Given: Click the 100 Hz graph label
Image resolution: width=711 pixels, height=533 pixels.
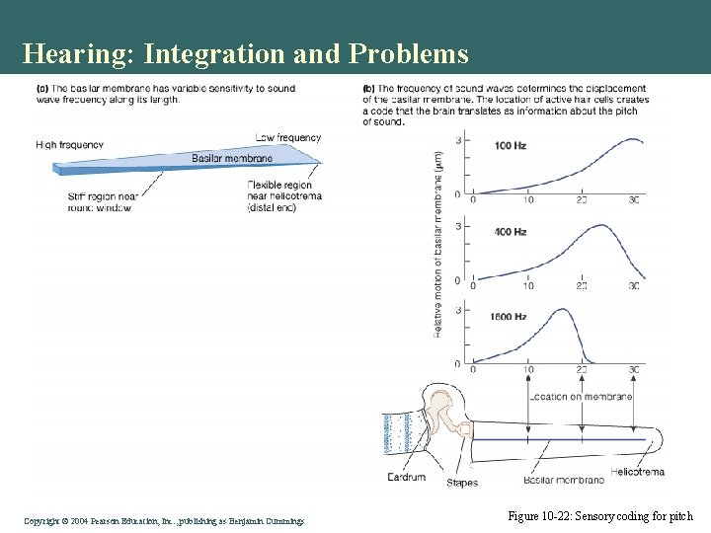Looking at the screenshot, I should (511, 146).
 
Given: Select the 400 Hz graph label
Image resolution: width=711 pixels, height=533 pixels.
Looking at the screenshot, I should (511, 232).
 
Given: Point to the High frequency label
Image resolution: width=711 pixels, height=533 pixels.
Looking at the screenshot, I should (69, 144).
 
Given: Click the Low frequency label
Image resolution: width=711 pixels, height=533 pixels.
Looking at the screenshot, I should (288, 137).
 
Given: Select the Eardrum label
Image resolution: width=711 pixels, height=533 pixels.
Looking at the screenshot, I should (406, 478).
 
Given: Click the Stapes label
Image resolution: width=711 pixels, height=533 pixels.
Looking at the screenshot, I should (462, 483).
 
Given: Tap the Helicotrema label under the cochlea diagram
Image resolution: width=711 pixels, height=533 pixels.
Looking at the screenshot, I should (637, 472).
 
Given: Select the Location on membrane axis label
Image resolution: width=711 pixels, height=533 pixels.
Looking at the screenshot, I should (581, 396).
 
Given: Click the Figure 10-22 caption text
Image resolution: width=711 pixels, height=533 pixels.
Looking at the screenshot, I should (600, 516).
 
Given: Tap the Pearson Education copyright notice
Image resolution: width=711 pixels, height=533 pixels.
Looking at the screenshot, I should (164, 520).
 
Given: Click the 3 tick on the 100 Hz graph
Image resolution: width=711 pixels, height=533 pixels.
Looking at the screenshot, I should (457, 141).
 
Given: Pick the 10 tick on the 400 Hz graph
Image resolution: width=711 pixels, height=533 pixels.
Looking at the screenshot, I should (528, 285).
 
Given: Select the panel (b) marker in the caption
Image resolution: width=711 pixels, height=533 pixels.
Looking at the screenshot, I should (369, 89).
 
